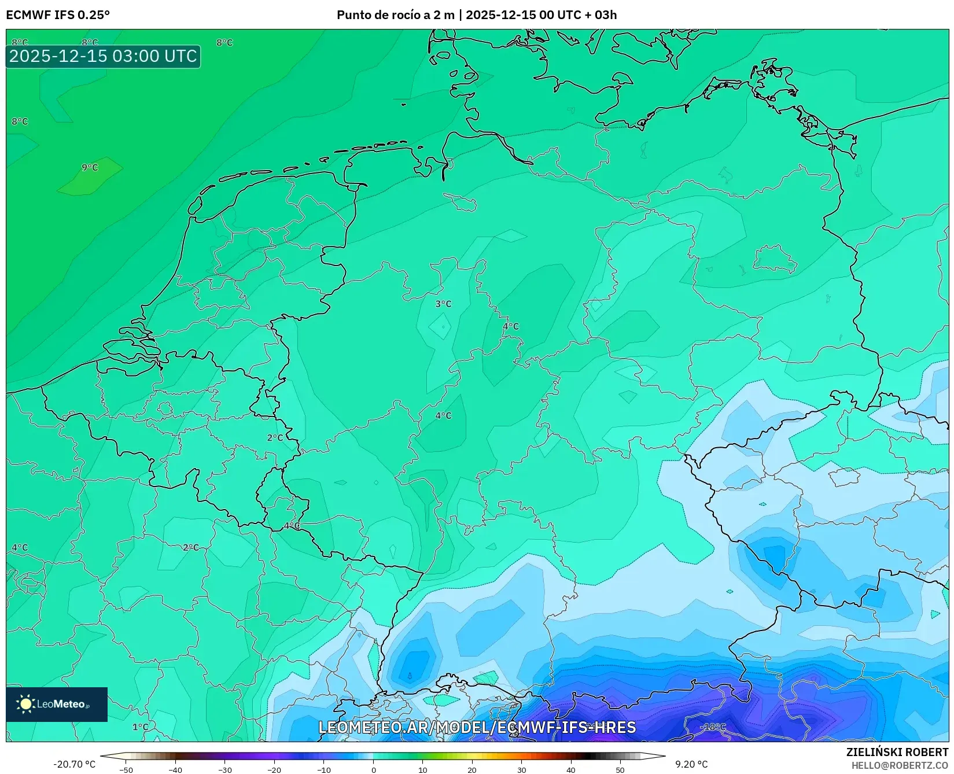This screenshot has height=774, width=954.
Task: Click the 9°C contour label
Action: (x=90, y=168)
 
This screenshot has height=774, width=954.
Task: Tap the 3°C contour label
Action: (x=443, y=304)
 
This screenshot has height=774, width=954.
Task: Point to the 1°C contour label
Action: (x=140, y=727)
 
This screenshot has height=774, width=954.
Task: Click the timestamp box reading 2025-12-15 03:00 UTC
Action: (x=103, y=56)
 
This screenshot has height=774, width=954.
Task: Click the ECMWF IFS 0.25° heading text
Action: (x=58, y=15)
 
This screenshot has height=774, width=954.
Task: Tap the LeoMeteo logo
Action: (x=57, y=704)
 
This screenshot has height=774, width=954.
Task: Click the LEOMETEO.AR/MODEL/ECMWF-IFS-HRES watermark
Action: (x=477, y=727)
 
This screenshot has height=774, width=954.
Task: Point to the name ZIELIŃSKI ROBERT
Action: (x=897, y=753)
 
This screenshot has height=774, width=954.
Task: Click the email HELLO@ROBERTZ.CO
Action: (x=900, y=765)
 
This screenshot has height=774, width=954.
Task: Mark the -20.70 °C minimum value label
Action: (x=74, y=764)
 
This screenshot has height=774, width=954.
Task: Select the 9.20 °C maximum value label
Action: (x=691, y=764)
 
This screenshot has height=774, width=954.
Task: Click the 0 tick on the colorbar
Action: (x=373, y=770)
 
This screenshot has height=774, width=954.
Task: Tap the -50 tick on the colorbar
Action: (x=126, y=770)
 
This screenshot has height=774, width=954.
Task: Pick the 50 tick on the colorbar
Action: (x=620, y=770)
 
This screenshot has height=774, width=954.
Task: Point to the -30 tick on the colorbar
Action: (x=224, y=770)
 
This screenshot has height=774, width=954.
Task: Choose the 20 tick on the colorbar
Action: (x=472, y=770)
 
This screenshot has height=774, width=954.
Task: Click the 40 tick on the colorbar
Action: (x=571, y=770)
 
